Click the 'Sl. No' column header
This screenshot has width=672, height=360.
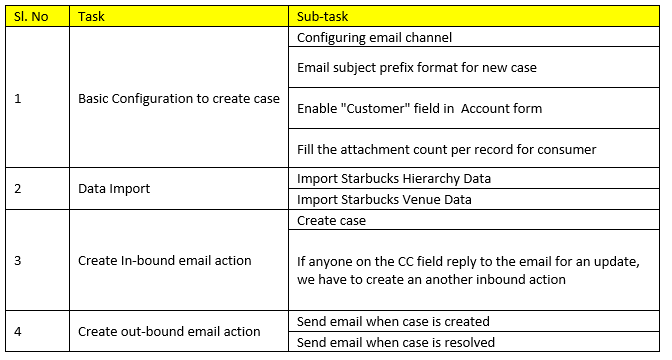[30, 17]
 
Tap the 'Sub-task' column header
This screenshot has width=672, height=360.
[324, 17]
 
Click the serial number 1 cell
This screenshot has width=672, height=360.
[18, 99]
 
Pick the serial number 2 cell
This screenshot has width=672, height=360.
[18, 187]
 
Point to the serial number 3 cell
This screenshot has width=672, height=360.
[18, 260]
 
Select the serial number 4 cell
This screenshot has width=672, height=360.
[18, 331]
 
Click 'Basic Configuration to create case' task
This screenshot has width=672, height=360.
[178, 99]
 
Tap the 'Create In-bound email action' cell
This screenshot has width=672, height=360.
[164, 260]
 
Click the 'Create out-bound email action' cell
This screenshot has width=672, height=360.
[169, 331]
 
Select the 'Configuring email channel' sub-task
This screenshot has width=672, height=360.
[375, 38]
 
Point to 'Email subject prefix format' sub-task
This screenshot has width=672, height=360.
[418, 69]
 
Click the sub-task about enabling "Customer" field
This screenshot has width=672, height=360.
[420, 108]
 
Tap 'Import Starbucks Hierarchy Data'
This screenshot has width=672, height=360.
[394, 178]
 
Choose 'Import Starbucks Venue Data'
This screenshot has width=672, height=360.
[384, 199]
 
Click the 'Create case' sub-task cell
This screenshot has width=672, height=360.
[332, 220]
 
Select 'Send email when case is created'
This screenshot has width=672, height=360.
[393, 321]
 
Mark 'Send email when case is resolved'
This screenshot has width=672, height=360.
[396, 343]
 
